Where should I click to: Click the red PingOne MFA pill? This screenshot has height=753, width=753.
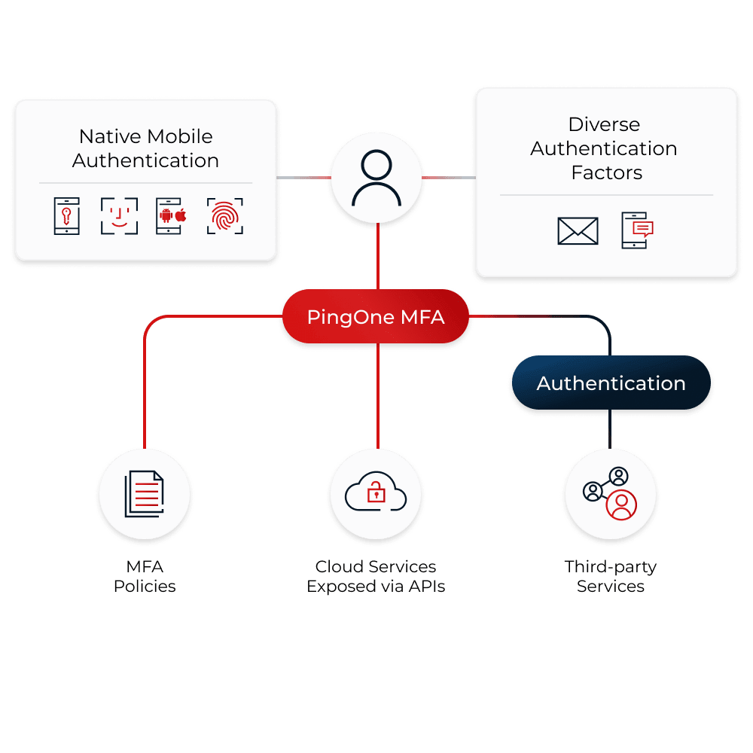[x=376, y=317]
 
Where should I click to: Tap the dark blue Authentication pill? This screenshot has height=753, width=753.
[x=611, y=383]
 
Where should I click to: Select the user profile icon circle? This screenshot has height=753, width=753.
[x=376, y=178]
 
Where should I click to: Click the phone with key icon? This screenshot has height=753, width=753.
[x=66, y=216]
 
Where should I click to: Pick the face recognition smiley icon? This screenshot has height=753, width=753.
[x=119, y=216]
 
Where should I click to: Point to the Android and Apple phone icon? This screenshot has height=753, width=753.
[x=171, y=216]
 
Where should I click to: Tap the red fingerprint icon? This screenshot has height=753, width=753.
[x=224, y=216]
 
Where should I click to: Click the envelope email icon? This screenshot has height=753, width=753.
[x=578, y=230]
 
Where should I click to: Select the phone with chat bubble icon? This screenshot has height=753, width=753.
[x=637, y=230]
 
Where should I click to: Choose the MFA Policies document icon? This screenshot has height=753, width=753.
[x=145, y=494]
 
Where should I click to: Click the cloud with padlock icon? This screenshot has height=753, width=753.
[x=376, y=494]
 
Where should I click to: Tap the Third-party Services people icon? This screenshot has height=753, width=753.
[x=611, y=494]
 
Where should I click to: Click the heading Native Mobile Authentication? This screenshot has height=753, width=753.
[x=146, y=148]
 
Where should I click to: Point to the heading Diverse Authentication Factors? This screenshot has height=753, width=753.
[x=604, y=148]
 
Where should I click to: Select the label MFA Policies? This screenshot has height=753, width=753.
[x=145, y=576]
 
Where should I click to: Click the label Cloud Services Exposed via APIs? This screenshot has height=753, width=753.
[x=376, y=576]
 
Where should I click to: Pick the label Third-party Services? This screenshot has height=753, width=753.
[x=611, y=576]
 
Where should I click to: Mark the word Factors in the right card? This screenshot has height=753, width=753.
[x=607, y=172]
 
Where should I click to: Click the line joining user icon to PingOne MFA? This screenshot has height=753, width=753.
[x=376, y=256]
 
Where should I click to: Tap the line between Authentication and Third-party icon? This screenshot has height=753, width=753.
[x=611, y=431]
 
